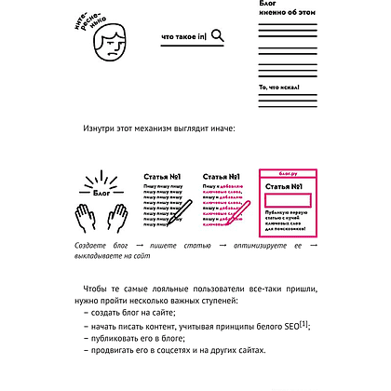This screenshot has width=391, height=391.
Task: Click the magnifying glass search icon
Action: tap(217, 36)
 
